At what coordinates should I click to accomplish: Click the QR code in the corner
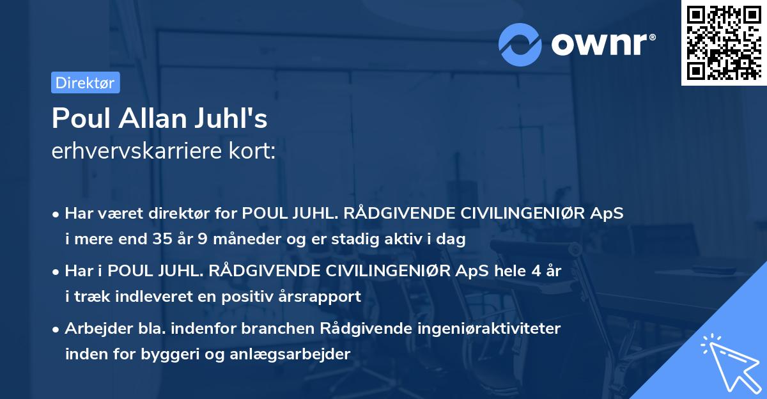724,43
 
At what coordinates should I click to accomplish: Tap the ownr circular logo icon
520,44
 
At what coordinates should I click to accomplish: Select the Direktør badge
85,82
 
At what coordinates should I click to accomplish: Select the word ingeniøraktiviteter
489,329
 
